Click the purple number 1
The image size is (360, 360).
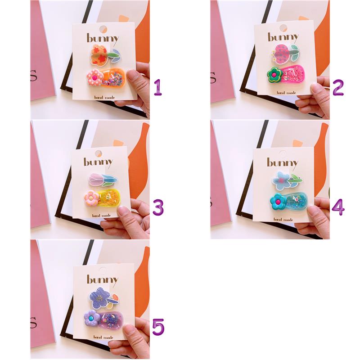pos(158,87)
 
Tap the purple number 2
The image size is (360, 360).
pos(338,87)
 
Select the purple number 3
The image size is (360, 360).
pos(158,207)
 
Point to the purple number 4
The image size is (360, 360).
pos(338,207)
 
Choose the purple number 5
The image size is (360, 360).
pos(158,327)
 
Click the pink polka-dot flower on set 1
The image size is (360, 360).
pos(94,78)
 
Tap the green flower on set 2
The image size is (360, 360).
pos(274,75)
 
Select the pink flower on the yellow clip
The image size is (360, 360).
pos(91,198)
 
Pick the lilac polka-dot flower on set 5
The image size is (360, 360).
pos(92,318)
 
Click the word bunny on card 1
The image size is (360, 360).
pos(103,39)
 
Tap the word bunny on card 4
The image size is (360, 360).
pos(282,163)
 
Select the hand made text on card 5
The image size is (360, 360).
pos(103,337)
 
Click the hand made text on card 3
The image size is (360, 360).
pos(102,216)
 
